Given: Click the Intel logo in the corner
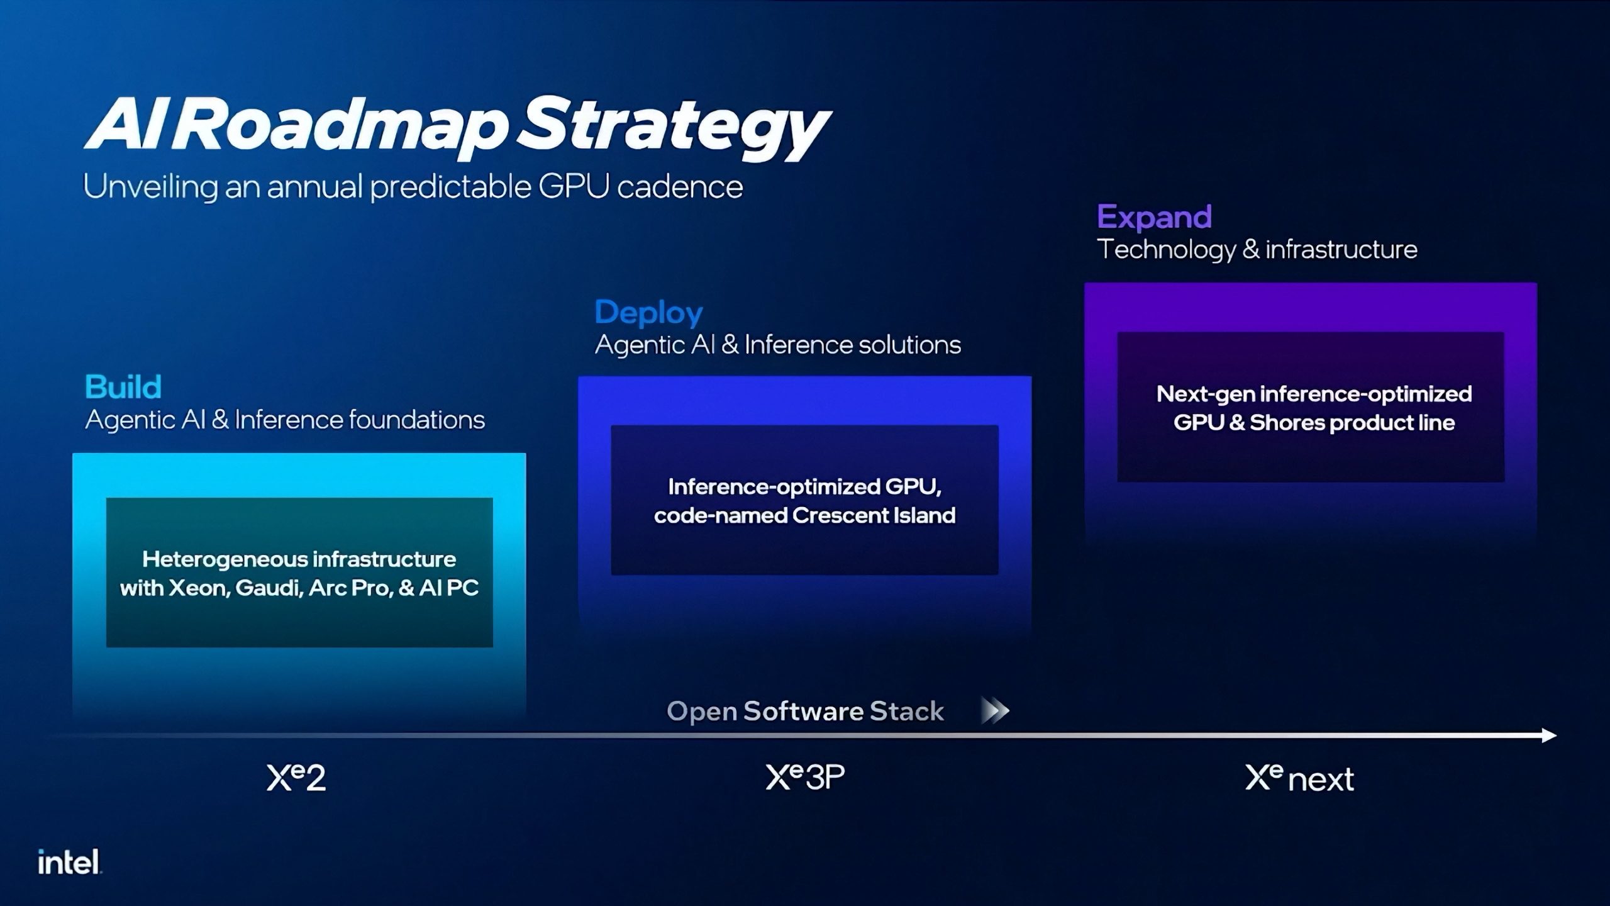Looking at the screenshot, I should (69, 862).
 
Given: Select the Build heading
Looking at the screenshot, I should (123, 387).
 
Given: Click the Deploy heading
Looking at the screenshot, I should (648, 313).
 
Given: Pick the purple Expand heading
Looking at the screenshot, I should (1154, 217).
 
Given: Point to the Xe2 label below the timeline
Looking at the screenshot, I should (296, 778).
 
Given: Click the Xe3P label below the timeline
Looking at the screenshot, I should (805, 778).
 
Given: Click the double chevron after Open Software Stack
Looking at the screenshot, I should (995, 711).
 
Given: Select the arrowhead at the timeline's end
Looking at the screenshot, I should (1548, 735).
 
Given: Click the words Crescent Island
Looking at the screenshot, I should (874, 516).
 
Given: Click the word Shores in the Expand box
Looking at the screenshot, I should (1284, 423).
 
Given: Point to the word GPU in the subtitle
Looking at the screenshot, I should (574, 187).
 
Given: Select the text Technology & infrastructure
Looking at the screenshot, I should (1257, 250).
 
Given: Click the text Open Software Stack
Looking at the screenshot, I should (805, 712).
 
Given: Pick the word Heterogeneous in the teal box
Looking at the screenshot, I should (223, 559).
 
